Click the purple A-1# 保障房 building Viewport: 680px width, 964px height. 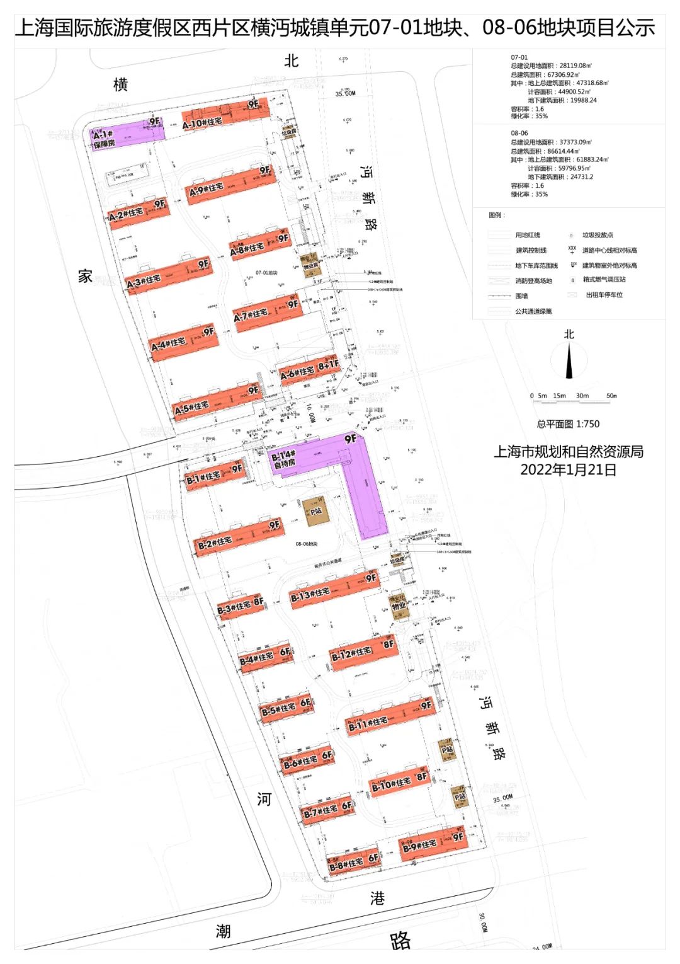pyautogui.click(x=126, y=134)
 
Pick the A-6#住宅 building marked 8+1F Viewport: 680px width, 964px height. pyautogui.click(x=309, y=369)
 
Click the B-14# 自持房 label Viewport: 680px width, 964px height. pyautogui.click(x=283, y=458)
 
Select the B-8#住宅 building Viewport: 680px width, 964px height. pyautogui.click(x=353, y=860)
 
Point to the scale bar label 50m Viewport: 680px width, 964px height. pyautogui.click(x=611, y=396)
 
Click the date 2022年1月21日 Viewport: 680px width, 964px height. pyautogui.click(x=568, y=469)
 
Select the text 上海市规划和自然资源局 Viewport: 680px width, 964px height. pyautogui.click(x=568, y=452)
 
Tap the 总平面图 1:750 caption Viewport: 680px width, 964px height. pyautogui.click(x=568, y=424)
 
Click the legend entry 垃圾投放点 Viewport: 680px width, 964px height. pyautogui.click(x=597, y=235)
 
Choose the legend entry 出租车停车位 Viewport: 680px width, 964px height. pyautogui.click(x=604, y=295)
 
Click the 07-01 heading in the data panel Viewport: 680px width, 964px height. pyautogui.click(x=519, y=57)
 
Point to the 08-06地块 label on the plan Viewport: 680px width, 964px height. pyautogui.click(x=307, y=544)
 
